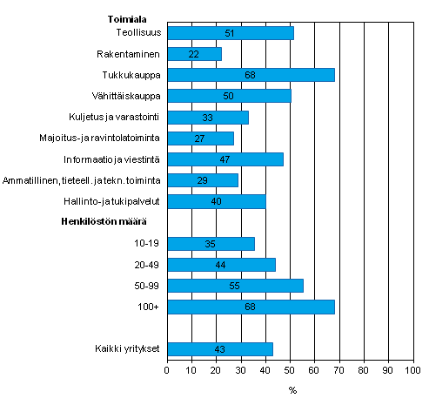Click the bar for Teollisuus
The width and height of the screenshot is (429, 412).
230,33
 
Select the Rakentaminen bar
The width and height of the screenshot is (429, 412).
194,54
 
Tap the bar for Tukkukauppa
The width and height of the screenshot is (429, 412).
251,75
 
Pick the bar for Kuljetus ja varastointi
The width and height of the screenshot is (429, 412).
207,117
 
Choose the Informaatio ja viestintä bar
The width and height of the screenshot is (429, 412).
225,159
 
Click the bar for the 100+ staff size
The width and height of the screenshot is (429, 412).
251,307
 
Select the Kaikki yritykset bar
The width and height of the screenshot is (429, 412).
219,349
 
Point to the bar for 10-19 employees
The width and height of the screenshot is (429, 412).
210,244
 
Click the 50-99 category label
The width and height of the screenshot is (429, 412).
147,286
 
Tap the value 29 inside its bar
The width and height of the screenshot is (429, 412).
202,180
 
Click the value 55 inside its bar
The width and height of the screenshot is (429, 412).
235,286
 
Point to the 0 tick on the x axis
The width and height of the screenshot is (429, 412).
167,370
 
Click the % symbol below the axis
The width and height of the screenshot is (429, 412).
292,390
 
